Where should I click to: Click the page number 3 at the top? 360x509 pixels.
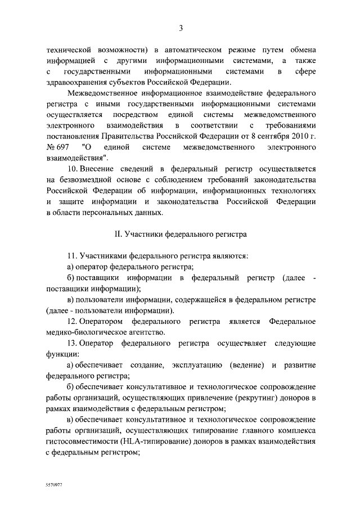pyautogui.click(x=181, y=29)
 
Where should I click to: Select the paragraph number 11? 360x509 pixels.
pyautogui.click(x=72, y=256)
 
